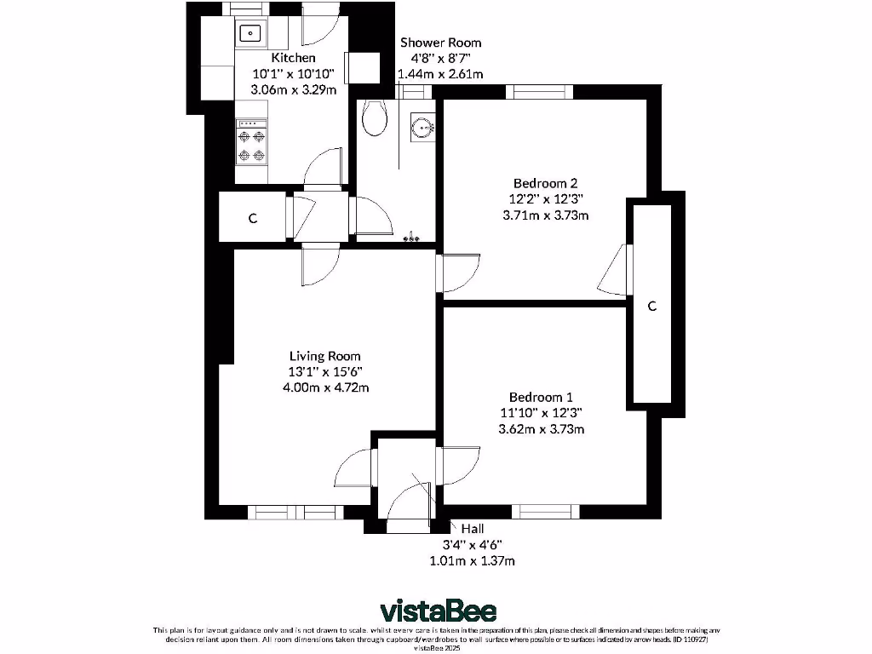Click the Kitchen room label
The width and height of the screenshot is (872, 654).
[x=293, y=58]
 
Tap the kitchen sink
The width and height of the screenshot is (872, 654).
[x=250, y=35]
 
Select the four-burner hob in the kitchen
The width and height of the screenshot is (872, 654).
[x=251, y=144]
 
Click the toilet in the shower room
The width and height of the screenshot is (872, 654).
[x=372, y=118]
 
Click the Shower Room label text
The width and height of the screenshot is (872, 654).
[x=440, y=43]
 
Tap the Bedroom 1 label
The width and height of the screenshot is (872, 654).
[x=541, y=397]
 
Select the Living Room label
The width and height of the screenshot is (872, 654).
[x=324, y=356]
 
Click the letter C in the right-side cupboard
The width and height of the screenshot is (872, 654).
[x=652, y=307]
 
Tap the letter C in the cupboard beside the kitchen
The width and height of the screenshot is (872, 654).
[x=252, y=219]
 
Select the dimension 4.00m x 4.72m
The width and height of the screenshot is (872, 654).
[x=324, y=387]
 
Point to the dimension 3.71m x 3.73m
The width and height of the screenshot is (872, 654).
[x=546, y=215]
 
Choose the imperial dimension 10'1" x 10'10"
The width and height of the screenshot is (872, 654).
[x=293, y=74]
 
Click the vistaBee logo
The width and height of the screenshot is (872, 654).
[x=438, y=611]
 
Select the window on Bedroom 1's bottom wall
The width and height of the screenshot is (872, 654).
[x=546, y=512]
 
